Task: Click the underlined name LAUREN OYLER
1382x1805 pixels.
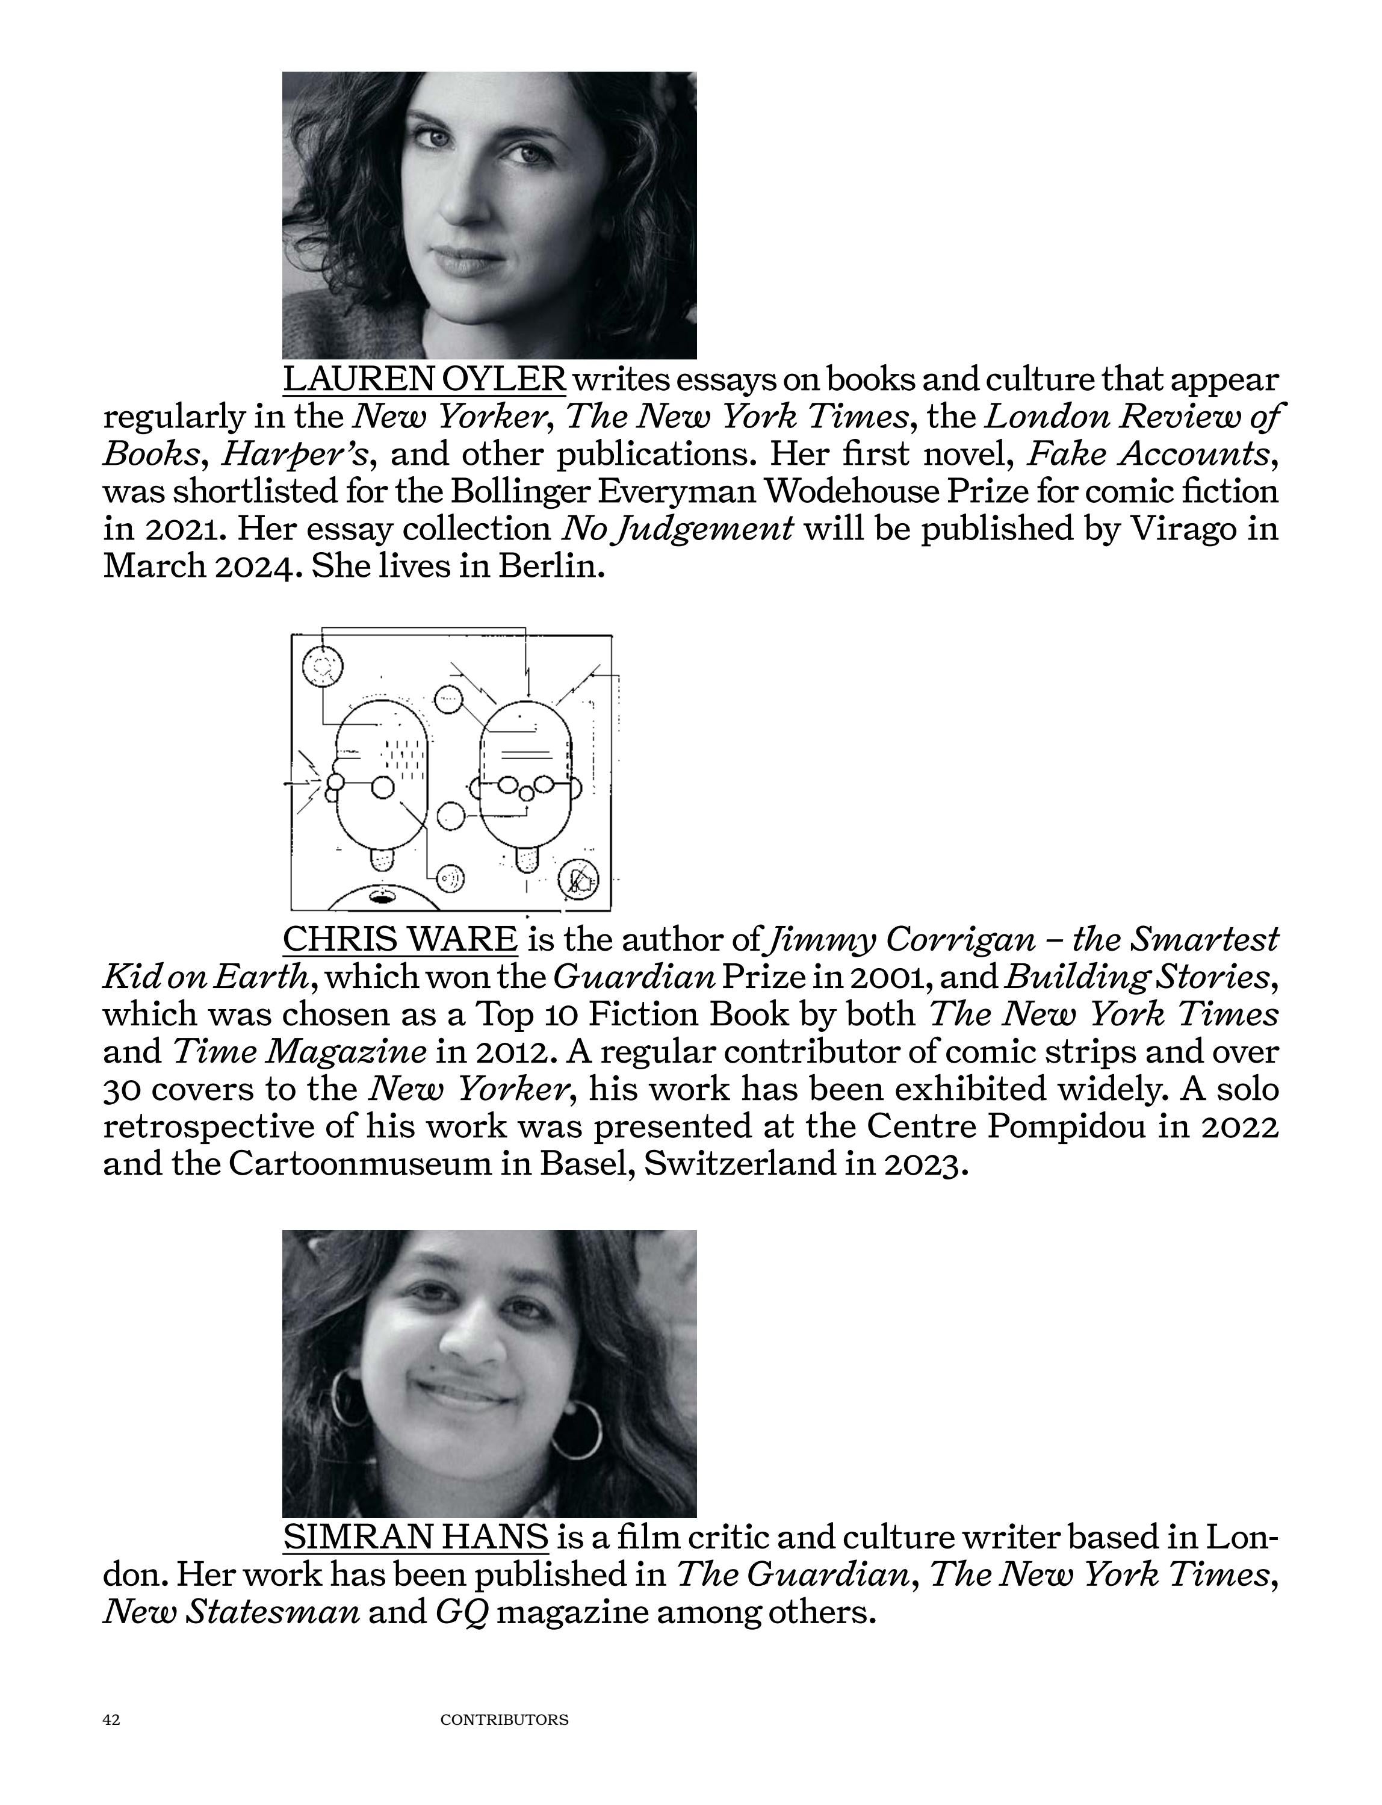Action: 424,379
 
